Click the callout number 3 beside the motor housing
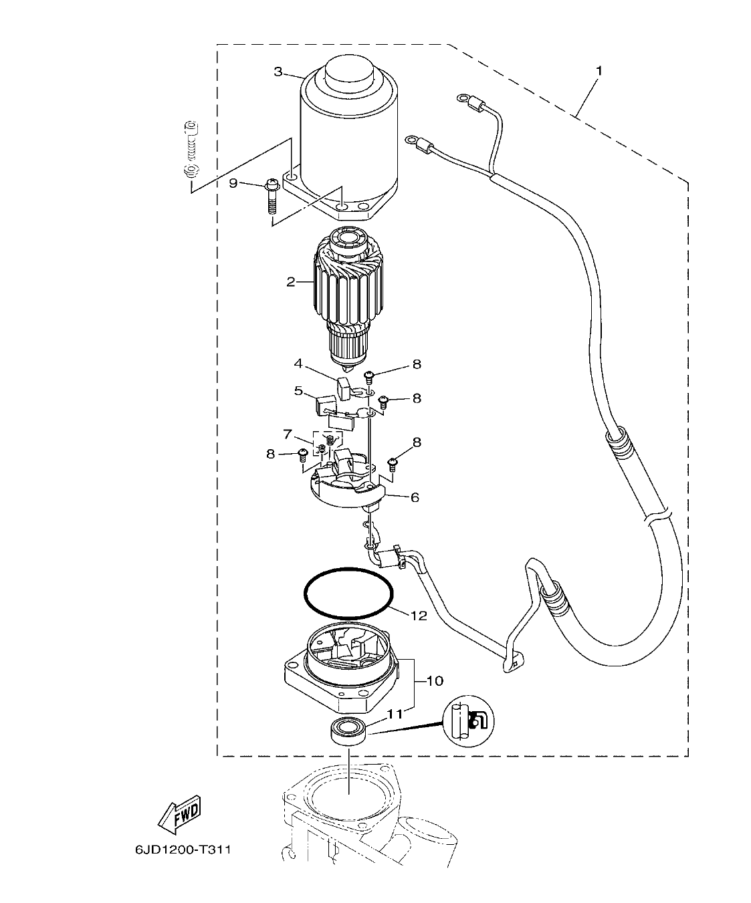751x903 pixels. [278, 72]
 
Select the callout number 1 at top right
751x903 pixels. [599, 70]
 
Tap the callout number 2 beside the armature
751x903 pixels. [291, 281]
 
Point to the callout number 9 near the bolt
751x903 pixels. [233, 183]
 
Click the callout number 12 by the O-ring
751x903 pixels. [419, 616]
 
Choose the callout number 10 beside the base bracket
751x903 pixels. [435, 681]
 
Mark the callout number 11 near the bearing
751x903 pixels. [395, 714]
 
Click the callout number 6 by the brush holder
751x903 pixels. [415, 497]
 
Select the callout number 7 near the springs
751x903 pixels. [288, 435]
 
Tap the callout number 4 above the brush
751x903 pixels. [298, 364]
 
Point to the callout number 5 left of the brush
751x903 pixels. [298, 390]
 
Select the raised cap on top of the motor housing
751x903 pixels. [349, 72]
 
